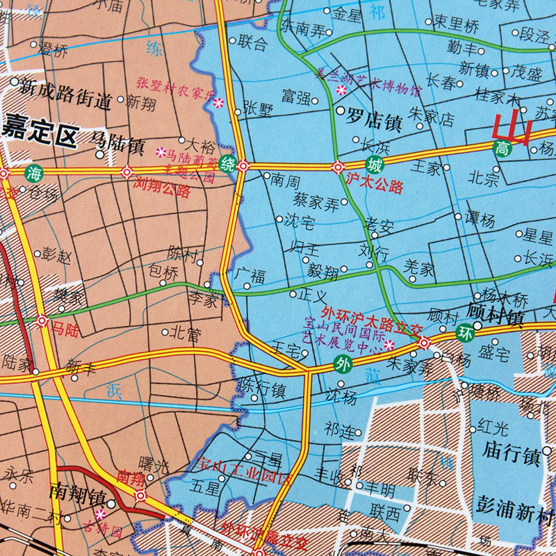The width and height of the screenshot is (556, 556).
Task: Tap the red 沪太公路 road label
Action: click(374, 186)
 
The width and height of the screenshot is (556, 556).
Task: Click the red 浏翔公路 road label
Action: click(160, 188)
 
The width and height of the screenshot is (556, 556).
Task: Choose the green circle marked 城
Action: click(375, 165)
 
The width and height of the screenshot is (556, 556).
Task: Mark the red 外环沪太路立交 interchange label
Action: click(362, 316)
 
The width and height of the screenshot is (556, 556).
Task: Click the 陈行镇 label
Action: click(262, 389)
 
